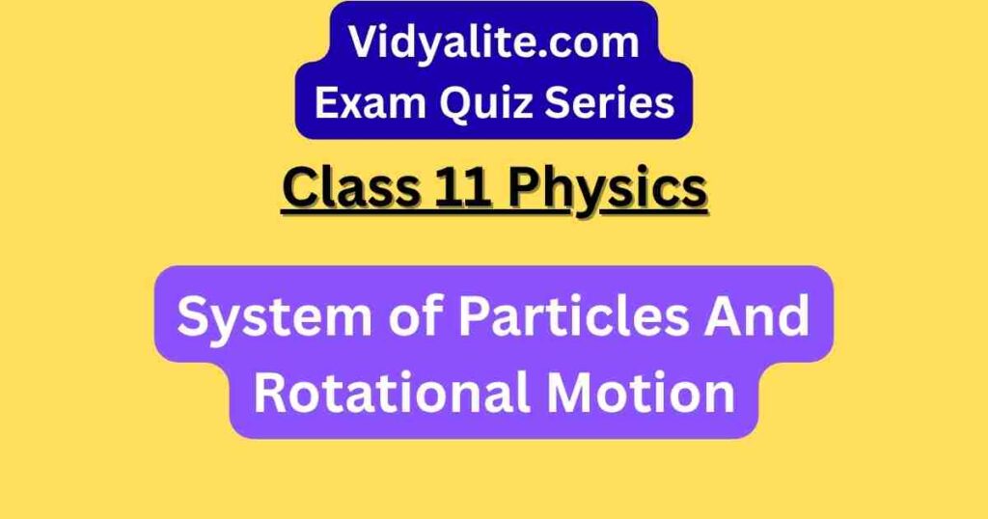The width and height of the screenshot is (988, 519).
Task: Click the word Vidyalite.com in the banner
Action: (x=494, y=42)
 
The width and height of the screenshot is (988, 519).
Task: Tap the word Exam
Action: (x=370, y=102)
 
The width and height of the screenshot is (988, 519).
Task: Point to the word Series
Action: (x=610, y=102)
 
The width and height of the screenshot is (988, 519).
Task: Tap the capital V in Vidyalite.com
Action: (x=365, y=42)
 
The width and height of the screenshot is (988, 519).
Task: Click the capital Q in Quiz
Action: (x=456, y=104)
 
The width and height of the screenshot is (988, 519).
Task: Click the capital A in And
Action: (x=724, y=316)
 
